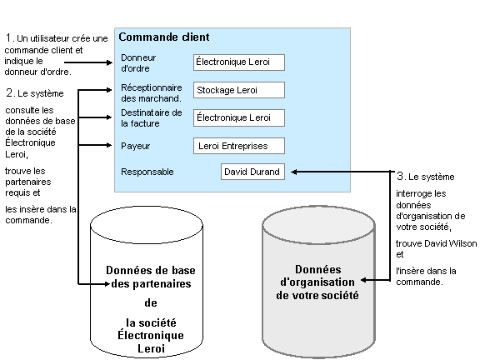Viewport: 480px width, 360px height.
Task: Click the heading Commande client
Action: (164, 37)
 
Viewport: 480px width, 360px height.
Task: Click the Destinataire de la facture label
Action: (151, 117)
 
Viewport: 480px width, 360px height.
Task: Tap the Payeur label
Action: (135, 146)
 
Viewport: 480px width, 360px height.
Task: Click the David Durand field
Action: (252, 172)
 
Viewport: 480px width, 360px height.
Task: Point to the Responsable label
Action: (147, 172)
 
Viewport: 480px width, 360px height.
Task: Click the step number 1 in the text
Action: (9, 38)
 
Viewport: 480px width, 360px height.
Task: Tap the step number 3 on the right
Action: (401, 177)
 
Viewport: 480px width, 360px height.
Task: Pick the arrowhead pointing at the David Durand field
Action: (294, 172)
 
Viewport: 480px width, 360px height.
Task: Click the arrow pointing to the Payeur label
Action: (113, 146)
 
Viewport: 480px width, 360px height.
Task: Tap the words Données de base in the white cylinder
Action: (151, 271)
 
